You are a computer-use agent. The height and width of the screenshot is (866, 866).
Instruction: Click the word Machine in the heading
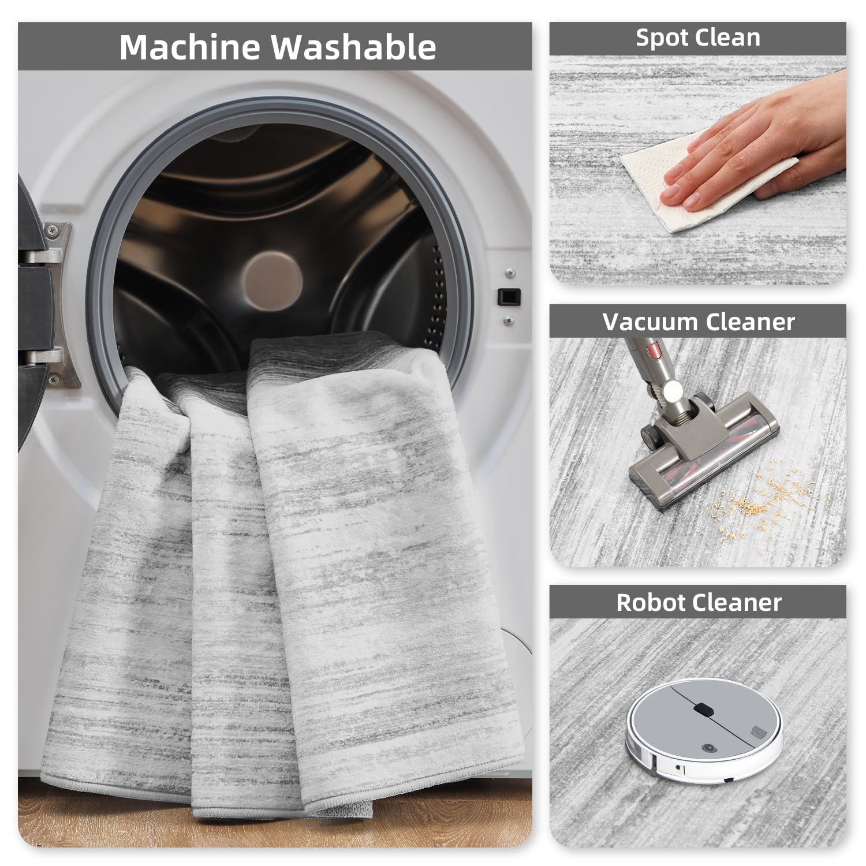pyautogui.click(x=191, y=47)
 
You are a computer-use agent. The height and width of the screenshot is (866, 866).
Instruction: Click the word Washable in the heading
pyautogui.click(x=354, y=47)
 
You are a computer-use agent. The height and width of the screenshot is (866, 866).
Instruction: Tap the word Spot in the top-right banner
pyautogui.click(x=663, y=38)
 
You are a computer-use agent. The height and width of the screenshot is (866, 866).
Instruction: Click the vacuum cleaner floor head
pyautogui.click(x=704, y=450)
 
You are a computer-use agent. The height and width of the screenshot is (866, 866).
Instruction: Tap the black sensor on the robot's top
pyautogui.click(x=702, y=708)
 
